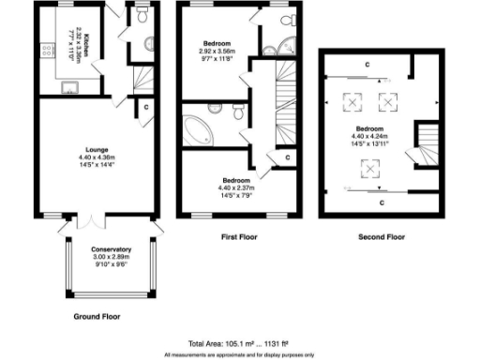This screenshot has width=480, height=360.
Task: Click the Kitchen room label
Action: click(x=82, y=45)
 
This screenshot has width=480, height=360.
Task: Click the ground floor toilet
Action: click(x=141, y=16)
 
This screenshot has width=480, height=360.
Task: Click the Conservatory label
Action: click(x=112, y=249)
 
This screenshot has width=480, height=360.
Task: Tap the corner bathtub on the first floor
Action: click(x=200, y=129)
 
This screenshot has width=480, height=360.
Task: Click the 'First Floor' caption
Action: click(x=239, y=234)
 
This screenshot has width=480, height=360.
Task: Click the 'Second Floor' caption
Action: click(x=382, y=234)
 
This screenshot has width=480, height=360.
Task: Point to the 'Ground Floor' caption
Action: click(x=97, y=317)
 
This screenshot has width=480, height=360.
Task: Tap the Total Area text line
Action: click(x=239, y=344)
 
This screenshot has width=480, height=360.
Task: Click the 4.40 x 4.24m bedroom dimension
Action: click(x=368, y=134)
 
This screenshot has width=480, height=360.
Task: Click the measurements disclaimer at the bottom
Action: click(x=239, y=355)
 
